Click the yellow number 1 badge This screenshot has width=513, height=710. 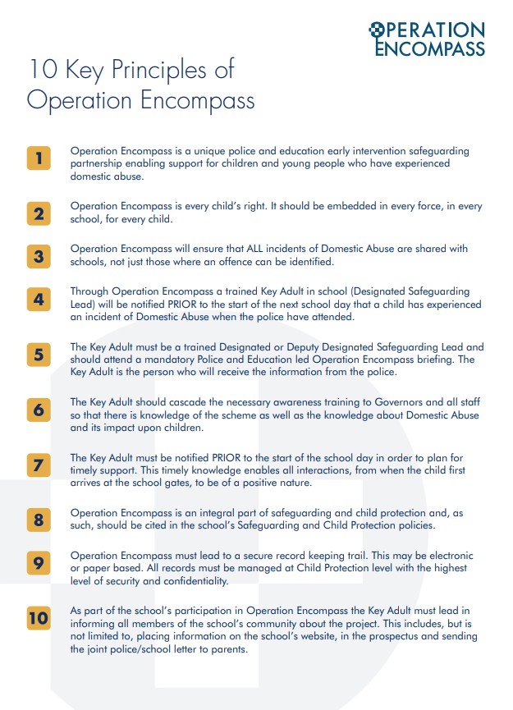click(x=39, y=158)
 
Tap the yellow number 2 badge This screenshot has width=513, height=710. click(x=39, y=214)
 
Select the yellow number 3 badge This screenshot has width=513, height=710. click(x=39, y=257)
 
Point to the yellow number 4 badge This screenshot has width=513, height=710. click(x=39, y=299)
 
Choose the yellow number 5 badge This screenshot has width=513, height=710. click(x=39, y=355)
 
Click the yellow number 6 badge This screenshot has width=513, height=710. click(x=39, y=410)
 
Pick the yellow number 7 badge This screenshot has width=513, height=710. click(x=39, y=465)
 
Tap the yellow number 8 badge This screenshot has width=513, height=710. click(x=39, y=520)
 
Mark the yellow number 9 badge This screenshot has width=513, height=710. click(x=39, y=563)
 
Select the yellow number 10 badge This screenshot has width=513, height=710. click(x=39, y=618)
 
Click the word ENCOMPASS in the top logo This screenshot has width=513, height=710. click(x=429, y=48)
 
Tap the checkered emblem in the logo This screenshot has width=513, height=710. click(x=377, y=30)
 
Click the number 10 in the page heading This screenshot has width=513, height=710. click(x=43, y=70)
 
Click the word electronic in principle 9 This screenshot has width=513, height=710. click(x=447, y=557)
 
